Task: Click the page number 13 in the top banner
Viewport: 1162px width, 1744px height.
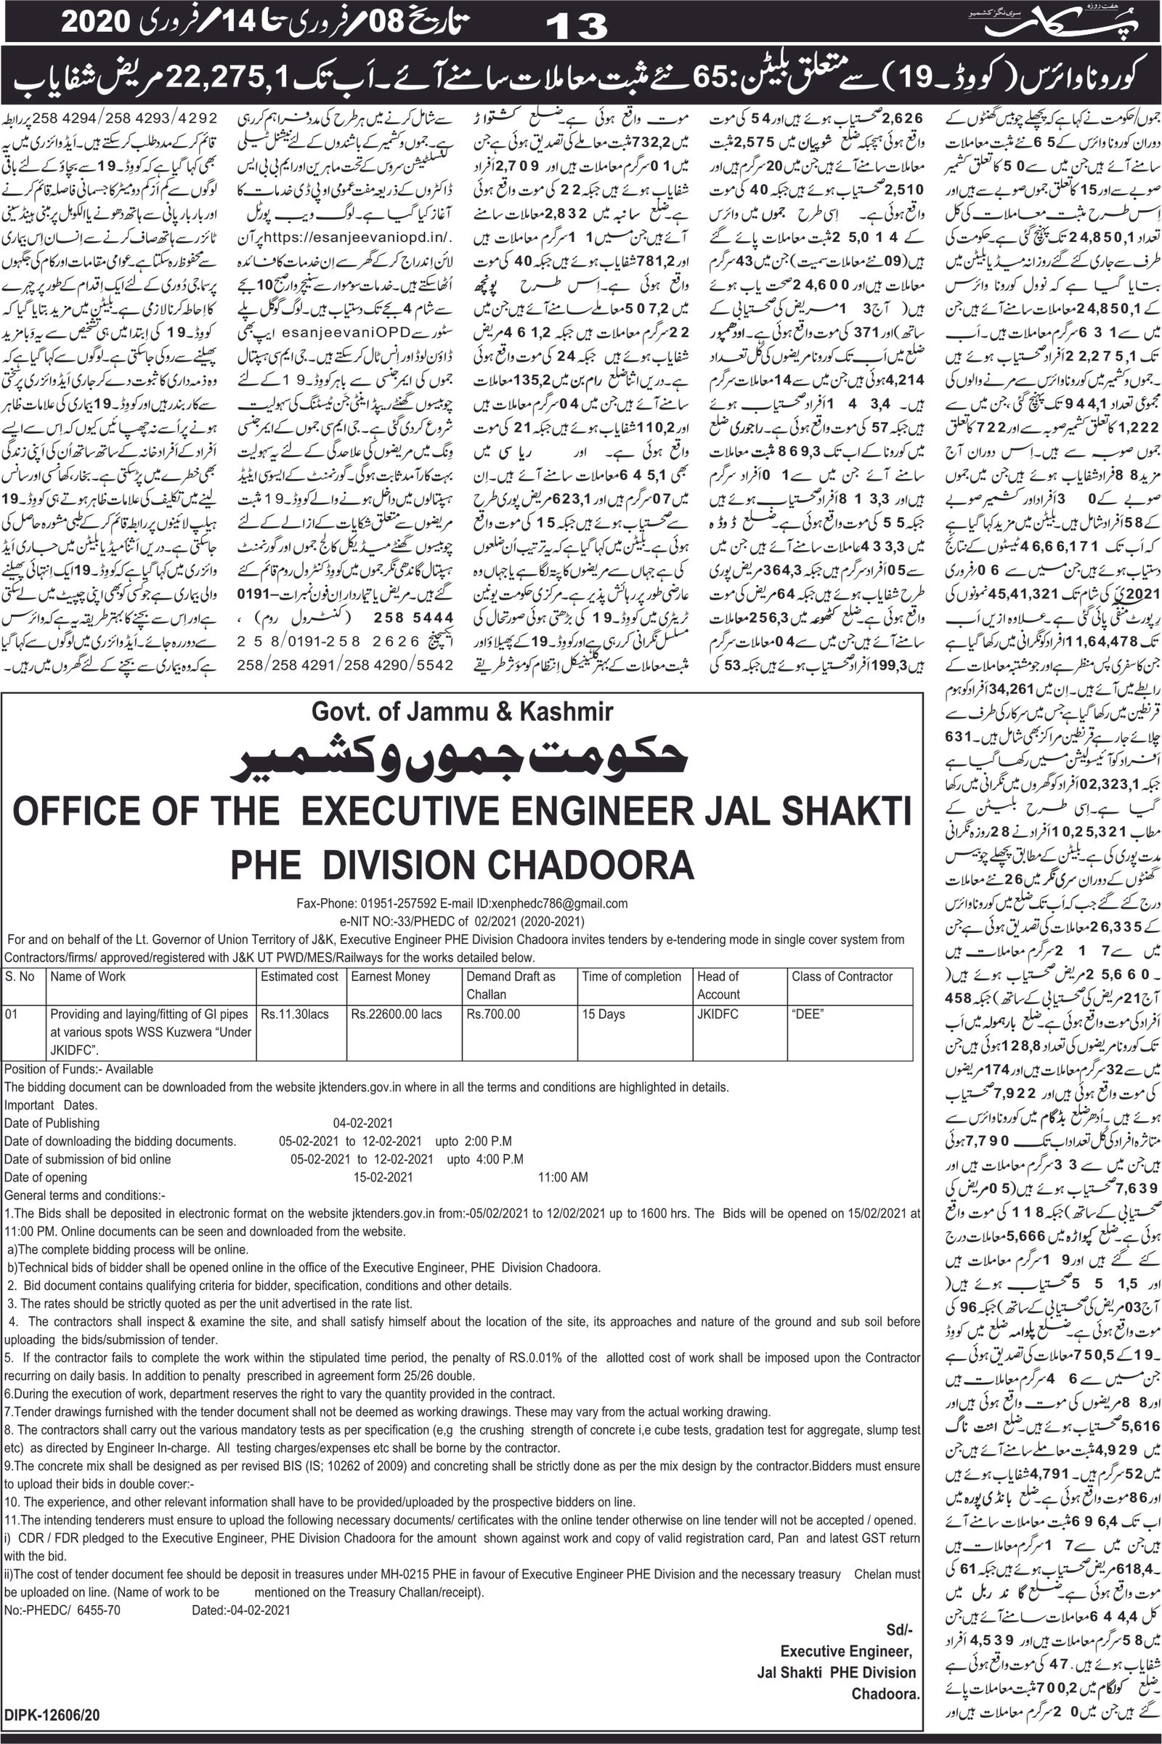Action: coord(577,25)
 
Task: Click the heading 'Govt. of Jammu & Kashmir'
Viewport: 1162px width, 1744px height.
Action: coord(462,712)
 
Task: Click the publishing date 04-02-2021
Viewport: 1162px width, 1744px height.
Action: coord(363,1123)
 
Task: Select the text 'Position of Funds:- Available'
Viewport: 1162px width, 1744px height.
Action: coord(78,1069)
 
